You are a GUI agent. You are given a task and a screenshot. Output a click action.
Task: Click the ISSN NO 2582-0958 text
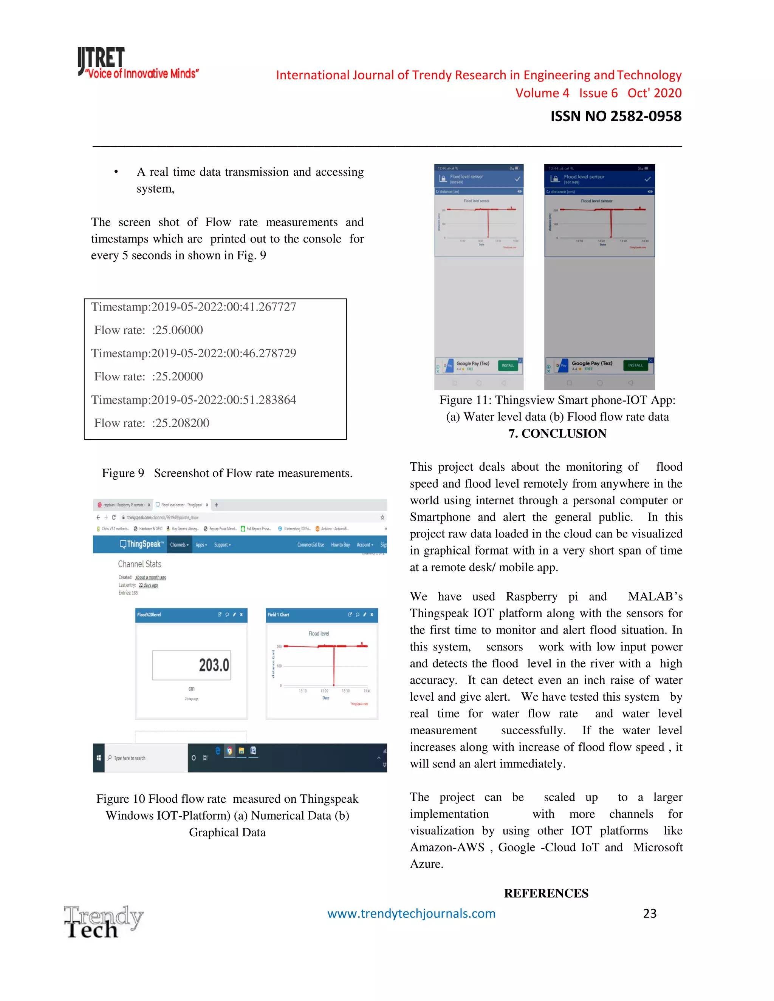click(x=615, y=116)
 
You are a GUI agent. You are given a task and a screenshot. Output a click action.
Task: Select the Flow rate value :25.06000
click(x=178, y=330)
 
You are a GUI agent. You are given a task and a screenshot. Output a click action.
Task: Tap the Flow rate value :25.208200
click(x=180, y=423)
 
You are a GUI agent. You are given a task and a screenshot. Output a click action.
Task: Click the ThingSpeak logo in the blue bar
click(x=141, y=544)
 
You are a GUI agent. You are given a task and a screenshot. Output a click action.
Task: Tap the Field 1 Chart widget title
click(x=278, y=615)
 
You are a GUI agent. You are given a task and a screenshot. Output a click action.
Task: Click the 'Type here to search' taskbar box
click(x=146, y=758)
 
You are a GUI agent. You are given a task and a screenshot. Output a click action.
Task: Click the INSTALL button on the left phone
click(x=508, y=365)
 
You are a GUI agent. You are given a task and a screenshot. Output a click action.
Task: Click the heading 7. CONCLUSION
click(x=557, y=433)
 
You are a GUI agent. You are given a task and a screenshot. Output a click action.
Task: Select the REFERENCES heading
click(x=546, y=893)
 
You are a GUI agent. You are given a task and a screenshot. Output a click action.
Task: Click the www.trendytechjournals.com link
click(x=411, y=913)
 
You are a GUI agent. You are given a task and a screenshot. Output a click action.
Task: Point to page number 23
click(x=649, y=913)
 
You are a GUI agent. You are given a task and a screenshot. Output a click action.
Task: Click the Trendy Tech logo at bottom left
click(x=103, y=921)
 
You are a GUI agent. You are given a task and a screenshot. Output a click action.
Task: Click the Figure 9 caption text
click(x=227, y=473)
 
